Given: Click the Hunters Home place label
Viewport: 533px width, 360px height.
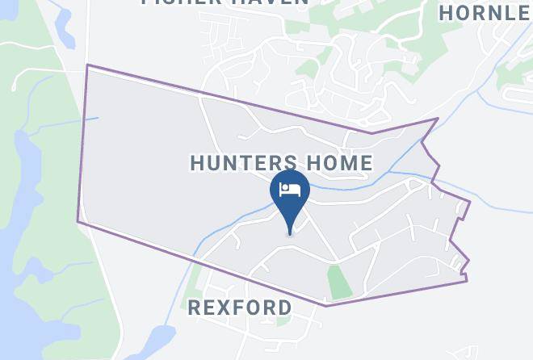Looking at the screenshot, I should (x=281, y=163).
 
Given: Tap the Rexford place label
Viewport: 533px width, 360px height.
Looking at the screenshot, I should (x=239, y=308).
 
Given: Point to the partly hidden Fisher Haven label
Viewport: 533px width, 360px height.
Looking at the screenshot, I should (x=225, y=3).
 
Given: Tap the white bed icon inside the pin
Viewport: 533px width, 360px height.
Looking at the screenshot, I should (x=289, y=190).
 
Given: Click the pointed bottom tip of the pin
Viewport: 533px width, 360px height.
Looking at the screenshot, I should (x=290, y=235).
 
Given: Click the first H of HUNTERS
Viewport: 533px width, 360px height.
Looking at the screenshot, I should (x=196, y=163).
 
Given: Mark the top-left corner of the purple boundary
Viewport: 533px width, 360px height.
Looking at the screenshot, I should (x=87, y=65).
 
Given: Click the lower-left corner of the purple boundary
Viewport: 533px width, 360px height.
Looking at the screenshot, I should (x=78, y=220).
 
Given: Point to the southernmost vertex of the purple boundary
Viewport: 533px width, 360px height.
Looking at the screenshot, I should (x=326, y=306).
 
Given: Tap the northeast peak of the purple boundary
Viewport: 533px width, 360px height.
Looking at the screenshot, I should (x=438, y=119).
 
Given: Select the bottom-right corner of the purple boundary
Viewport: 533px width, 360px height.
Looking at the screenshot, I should (x=467, y=281).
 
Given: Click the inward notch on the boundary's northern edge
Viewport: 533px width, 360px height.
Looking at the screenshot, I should (x=371, y=133).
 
